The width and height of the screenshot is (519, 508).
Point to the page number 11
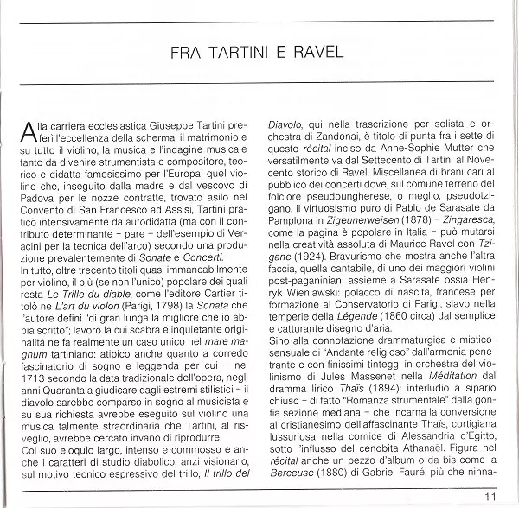(x=491, y=495)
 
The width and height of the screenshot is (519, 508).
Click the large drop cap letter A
(x=32, y=131)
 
